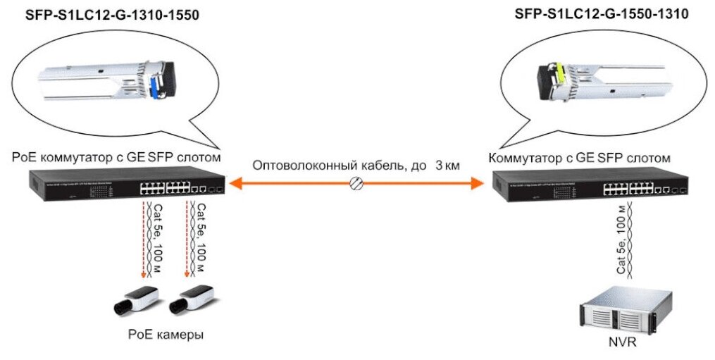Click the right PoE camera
pos(192,299)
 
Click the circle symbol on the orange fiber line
pos(357,184)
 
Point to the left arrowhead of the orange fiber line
pos(236,184)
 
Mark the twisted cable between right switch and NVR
pos(629,243)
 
